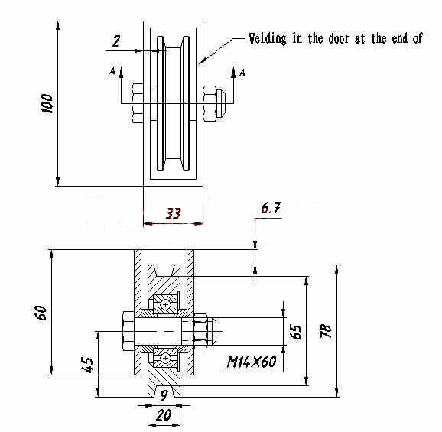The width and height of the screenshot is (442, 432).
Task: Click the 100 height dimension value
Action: (47, 103)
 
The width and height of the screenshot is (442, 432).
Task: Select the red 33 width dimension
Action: (173, 213)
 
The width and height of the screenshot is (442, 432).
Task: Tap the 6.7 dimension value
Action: (271, 208)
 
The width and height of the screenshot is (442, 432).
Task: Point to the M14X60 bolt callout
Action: (252, 362)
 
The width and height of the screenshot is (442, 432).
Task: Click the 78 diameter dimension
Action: (325, 330)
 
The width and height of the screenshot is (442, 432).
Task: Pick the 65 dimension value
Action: (296, 332)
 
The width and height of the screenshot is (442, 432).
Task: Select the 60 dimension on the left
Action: (41, 312)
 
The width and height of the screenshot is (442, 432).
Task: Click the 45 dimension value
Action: (87, 365)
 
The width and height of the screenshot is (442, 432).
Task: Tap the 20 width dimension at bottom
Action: (164, 414)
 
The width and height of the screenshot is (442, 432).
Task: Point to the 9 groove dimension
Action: (164, 395)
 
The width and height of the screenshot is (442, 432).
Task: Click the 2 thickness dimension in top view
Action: (116, 41)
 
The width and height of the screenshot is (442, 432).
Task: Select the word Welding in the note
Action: (267, 38)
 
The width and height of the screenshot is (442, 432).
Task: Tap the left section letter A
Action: (112, 70)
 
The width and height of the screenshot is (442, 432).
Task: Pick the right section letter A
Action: (242, 73)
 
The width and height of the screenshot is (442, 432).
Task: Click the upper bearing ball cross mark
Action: (165, 304)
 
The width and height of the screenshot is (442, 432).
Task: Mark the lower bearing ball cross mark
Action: (165, 358)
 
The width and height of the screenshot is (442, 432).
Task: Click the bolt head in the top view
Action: (138, 103)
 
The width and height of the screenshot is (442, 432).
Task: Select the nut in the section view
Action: (200, 331)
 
